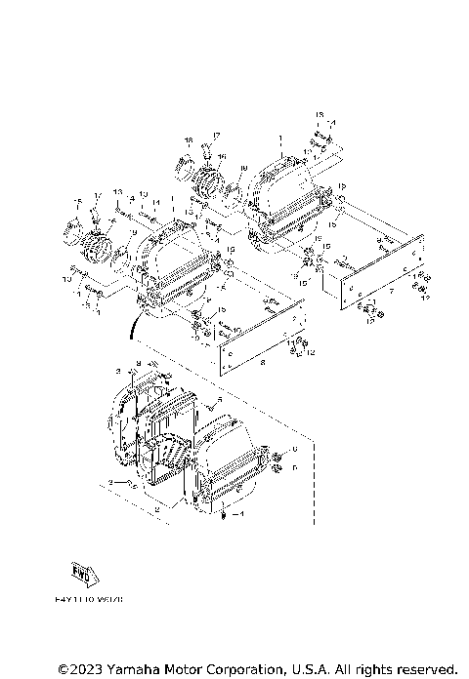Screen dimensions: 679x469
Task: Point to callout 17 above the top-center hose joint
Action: (x=218, y=133)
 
